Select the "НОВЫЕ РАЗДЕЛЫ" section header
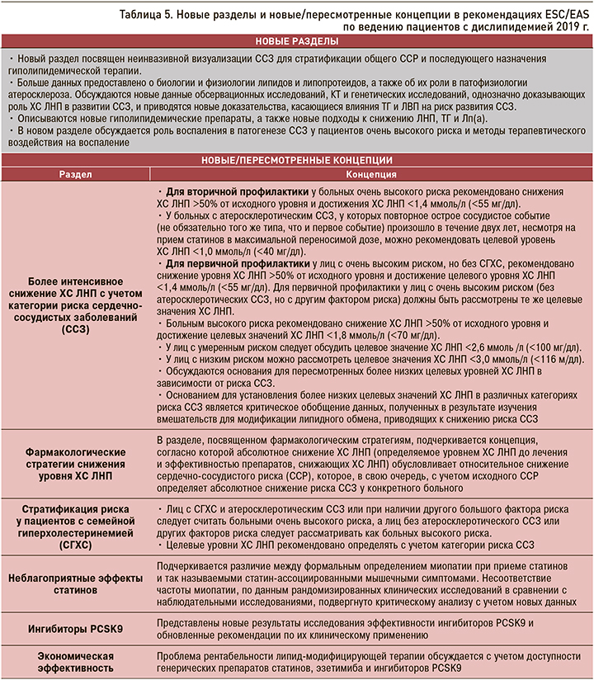[296, 41]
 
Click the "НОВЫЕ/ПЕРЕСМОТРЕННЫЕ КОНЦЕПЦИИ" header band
[296, 159]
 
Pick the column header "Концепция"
[372, 175]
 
